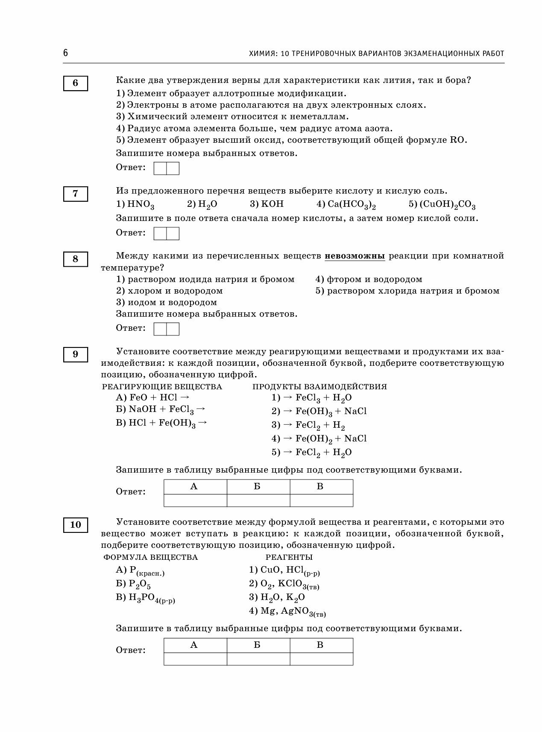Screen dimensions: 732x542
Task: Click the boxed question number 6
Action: click(x=76, y=83)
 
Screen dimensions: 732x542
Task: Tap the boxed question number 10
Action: click(x=76, y=525)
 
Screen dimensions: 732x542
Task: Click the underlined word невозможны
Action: click(x=355, y=256)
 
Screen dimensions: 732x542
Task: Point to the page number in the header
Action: click(x=65, y=53)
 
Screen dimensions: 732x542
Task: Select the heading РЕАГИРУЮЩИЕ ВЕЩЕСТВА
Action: click(x=162, y=387)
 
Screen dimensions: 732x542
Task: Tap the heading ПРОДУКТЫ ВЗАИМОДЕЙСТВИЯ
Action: click(x=319, y=387)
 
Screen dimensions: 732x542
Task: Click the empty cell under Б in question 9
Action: click(x=258, y=500)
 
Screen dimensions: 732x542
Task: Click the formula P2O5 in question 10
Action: click(x=139, y=584)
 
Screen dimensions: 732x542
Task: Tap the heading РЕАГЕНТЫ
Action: click(x=289, y=557)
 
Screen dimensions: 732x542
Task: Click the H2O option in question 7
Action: click(x=207, y=205)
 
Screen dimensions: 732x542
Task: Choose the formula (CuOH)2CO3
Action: click(x=447, y=205)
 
